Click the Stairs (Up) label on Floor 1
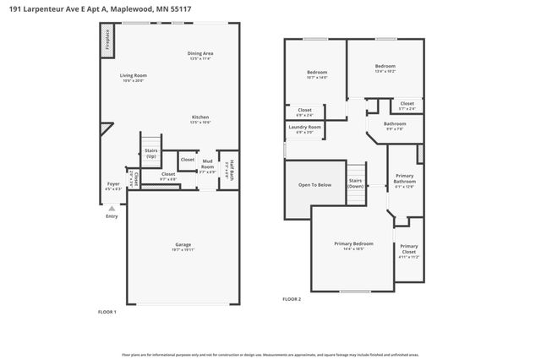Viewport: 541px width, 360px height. click(151, 154)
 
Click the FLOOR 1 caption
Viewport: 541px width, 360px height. click(107, 312)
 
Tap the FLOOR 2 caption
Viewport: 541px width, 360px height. click(292, 299)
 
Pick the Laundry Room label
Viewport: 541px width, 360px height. click(304, 128)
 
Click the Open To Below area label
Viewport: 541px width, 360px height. click(314, 184)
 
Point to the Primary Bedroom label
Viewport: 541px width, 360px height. click(353, 245)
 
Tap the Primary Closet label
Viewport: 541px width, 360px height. click(408, 251)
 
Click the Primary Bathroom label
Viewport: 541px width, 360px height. click(404, 180)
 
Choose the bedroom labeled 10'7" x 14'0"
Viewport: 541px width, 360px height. click(316, 74)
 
